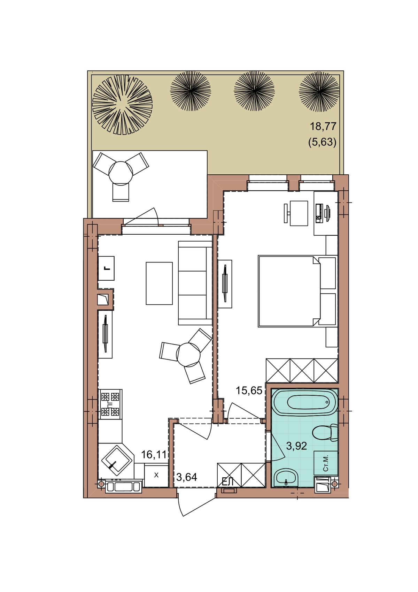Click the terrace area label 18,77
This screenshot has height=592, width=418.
(x=323, y=126)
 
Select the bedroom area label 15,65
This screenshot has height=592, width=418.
(x=249, y=390)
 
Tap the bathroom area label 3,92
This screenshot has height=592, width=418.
(x=296, y=446)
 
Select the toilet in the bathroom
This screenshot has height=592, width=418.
(x=325, y=433)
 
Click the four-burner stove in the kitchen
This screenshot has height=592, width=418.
(x=110, y=404)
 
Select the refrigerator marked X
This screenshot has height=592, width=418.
(x=156, y=475)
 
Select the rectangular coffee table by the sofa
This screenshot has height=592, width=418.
(x=159, y=283)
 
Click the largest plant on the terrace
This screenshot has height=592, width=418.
(x=122, y=104)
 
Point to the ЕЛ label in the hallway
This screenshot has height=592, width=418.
(x=227, y=482)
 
